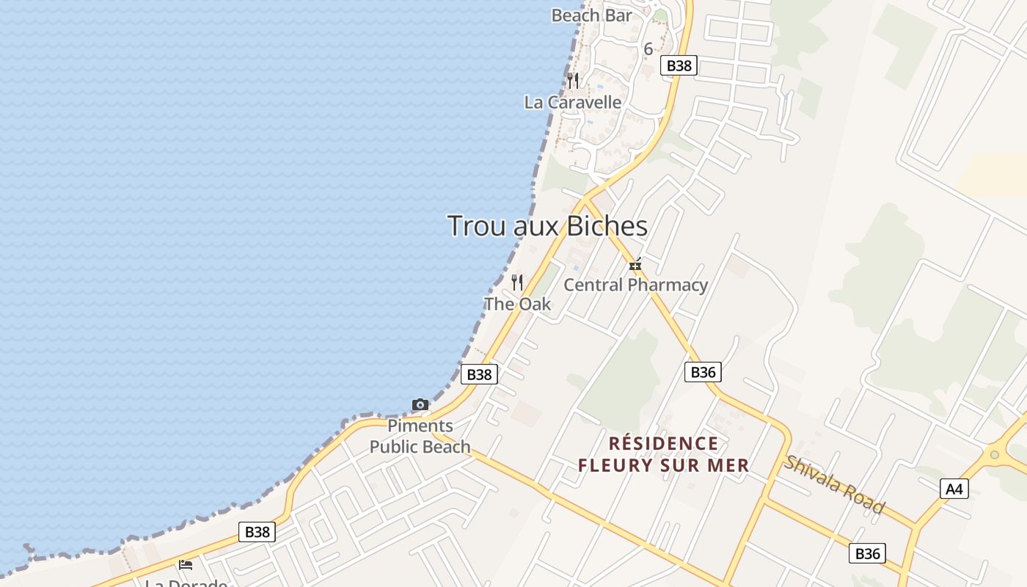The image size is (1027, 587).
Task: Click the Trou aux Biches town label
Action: coord(547,226)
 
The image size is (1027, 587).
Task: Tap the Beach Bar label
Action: coord(591,15)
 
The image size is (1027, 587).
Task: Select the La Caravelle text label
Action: coord(573,102)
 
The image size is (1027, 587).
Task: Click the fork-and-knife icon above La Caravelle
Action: coord(573,80)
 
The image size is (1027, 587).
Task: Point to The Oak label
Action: coord(517,304)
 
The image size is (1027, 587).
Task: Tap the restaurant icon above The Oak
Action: coord(517,282)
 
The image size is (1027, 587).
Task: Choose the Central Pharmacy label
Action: coord(635,285)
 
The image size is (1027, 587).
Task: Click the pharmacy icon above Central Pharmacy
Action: coord(635,264)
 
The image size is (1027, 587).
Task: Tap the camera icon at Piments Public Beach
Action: coord(420,404)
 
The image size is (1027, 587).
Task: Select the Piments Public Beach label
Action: coord(420,436)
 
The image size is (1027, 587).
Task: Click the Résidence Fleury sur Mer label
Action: coord(664,454)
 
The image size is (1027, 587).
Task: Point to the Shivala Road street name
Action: coord(834,484)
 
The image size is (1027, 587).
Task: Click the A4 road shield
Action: coord(954,489)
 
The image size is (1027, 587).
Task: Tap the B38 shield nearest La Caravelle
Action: coord(679,65)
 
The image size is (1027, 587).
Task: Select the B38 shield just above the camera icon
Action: coord(479,374)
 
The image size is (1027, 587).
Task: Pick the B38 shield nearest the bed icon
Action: coord(257,532)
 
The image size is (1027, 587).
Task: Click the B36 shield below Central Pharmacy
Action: coord(703,372)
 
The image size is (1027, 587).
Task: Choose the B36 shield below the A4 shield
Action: coord(867,553)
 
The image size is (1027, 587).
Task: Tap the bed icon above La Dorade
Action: coord(186,564)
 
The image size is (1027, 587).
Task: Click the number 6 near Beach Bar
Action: coord(648,49)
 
